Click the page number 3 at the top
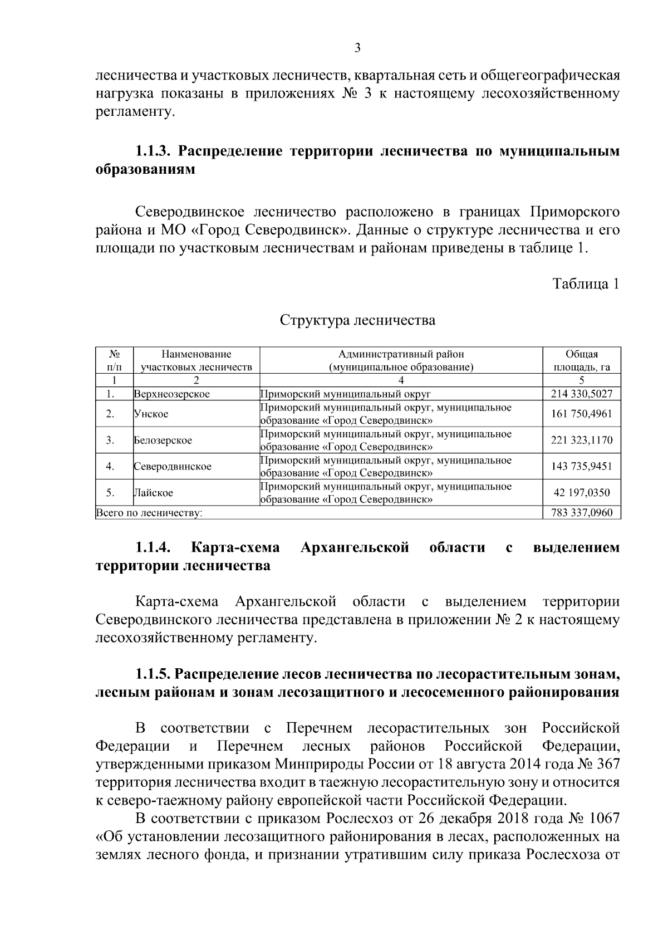357,48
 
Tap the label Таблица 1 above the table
586,284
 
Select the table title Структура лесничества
357,320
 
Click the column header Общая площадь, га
582,360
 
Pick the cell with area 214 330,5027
582,394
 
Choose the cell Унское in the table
151,414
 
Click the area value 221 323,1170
582,440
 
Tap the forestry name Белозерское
163,440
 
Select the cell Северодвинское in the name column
173,466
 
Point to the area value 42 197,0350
582,492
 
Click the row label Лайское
154,492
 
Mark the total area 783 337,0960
582,512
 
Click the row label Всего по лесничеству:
149,512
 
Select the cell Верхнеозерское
172,394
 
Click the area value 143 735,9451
582,466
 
